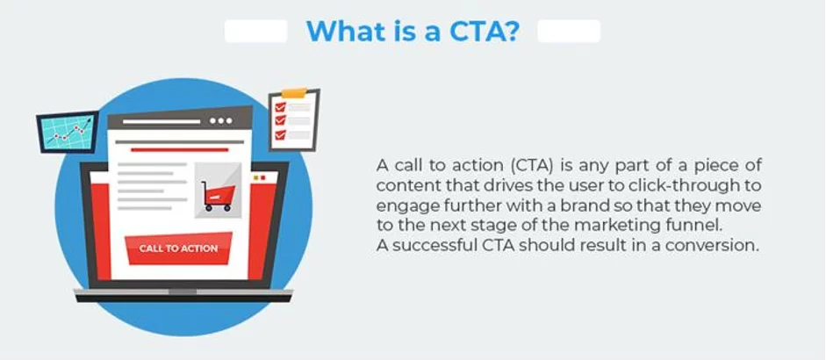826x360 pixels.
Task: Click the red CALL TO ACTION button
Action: coord(178,248)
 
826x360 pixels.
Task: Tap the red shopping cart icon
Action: coord(216,195)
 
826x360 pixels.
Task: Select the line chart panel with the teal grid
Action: coord(68,132)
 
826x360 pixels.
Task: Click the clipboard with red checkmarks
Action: coord(292,117)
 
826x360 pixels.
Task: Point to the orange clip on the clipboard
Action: coord(293,91)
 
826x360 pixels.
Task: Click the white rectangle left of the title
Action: coord(255,32)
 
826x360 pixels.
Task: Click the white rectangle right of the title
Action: coord(569,32)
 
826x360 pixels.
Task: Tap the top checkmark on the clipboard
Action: coord(280,106)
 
